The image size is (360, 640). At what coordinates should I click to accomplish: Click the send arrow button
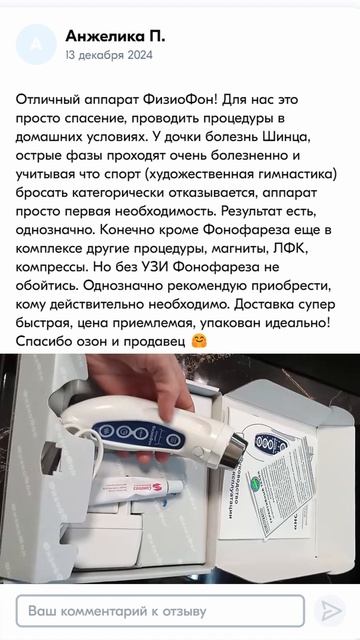(328, 609)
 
